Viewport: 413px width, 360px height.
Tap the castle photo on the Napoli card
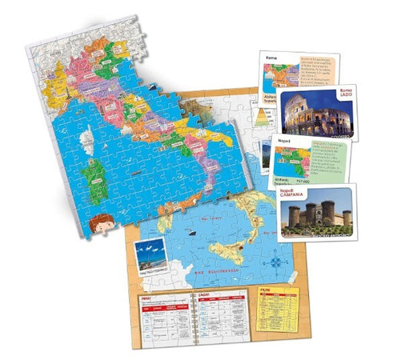pos(315,211)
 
